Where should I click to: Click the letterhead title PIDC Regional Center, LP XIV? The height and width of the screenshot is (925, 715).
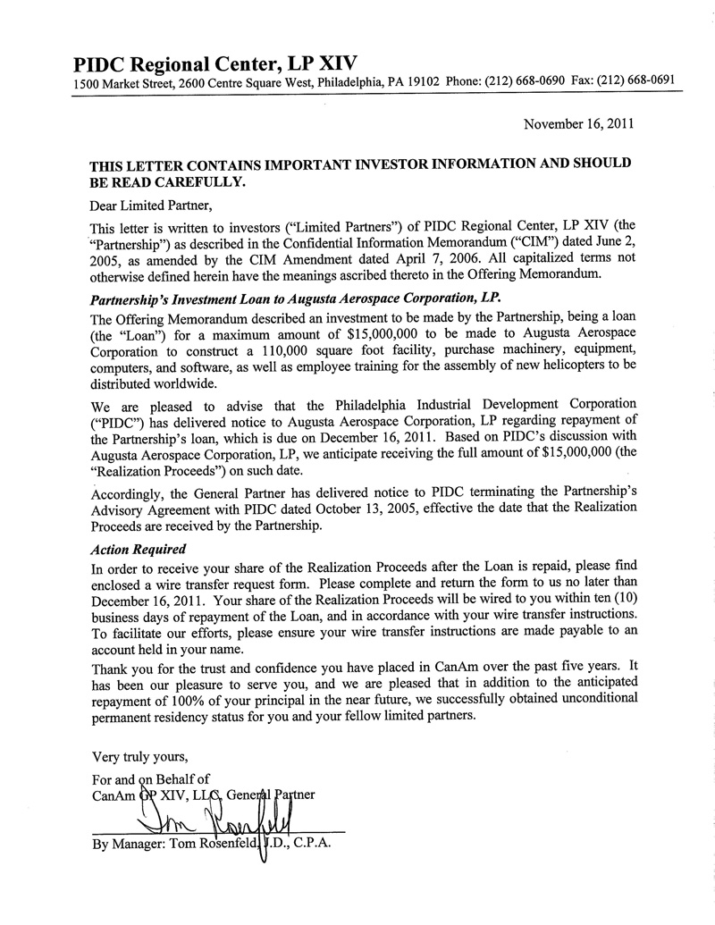tap(214, 64)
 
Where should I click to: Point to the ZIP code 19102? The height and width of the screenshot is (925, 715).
tap(420, 82)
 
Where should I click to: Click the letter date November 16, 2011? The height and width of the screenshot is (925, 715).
tap(578, 124)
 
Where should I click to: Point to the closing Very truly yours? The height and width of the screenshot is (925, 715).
tap(139, 757)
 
